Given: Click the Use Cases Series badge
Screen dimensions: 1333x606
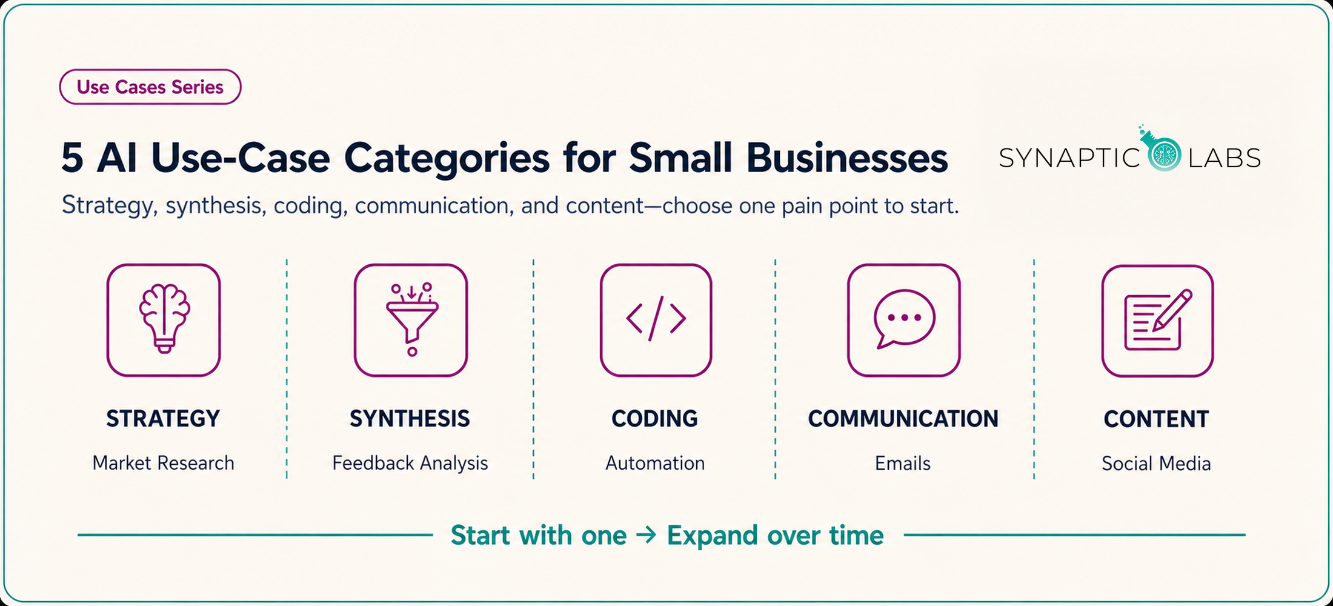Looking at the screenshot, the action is [150, 87].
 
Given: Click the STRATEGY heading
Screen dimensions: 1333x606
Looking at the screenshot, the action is [163, 419].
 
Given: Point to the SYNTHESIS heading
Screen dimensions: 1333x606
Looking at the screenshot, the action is [410, 419].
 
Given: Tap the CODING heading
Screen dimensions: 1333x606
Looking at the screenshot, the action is [654, 419].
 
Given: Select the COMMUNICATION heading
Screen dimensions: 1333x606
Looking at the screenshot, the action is [903, 419].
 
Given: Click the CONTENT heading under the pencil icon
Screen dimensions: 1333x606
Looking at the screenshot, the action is [1156, 419].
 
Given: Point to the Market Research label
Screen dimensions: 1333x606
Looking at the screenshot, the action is [163, 463].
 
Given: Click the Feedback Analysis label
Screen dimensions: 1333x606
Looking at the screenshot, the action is [410, 464].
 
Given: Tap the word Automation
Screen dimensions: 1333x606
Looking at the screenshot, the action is [655, 463].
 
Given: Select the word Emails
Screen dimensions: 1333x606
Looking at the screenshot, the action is [902, 463].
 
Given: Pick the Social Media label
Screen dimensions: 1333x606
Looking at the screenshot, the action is [1156, 464].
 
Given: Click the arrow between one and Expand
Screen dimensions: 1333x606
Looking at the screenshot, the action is [647, 535].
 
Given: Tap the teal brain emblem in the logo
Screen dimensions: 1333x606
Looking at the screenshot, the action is [1164, 154].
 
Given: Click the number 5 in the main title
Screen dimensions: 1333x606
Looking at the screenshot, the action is [72, 158].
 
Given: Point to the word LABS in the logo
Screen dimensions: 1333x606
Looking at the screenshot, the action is [1225, 158].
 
